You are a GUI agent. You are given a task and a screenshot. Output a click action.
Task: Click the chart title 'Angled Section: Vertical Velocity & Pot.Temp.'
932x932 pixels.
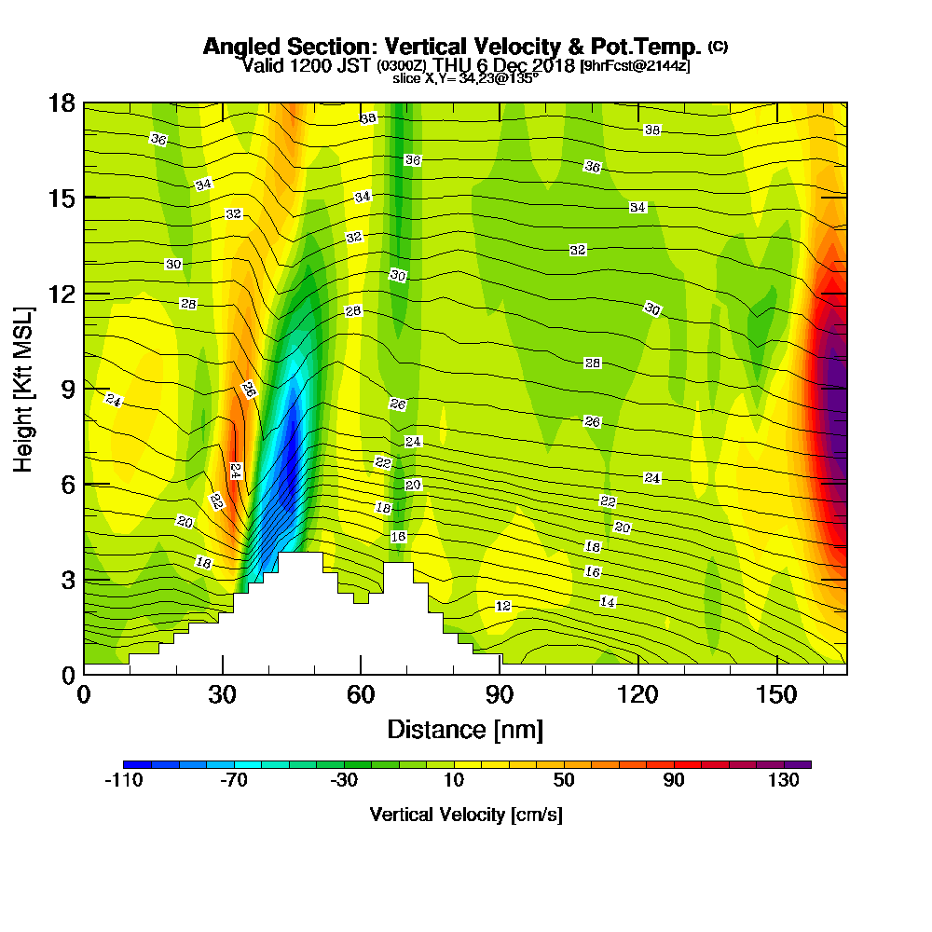click(x=451, y=47)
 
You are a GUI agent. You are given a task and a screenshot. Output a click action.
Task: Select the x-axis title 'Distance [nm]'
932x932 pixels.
click(x=465, y=728)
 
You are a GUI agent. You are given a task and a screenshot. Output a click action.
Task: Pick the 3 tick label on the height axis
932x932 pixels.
click(x=67, y=580)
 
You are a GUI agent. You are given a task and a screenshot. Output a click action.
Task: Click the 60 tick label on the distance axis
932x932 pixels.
click(x=361, y=694)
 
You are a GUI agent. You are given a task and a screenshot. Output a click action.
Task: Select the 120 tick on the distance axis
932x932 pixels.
click(x=638, y=694)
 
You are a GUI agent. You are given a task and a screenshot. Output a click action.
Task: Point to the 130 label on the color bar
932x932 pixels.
click(x=784, y=781)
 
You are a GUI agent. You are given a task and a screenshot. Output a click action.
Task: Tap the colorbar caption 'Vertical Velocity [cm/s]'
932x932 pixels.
click(x=465, y=815)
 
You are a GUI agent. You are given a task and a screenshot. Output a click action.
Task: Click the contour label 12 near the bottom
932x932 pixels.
click(x=503, y=607)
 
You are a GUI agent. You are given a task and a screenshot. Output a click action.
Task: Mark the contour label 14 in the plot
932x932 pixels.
click(x=608, y=603)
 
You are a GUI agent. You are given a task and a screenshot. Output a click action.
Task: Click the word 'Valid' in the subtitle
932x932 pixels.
click(x=261, y=65)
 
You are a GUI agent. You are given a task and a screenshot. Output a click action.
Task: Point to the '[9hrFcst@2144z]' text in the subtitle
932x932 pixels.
click(x=635, y=66)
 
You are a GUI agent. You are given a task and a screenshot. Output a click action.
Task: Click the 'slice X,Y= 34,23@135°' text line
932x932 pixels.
click(x=465, y=79)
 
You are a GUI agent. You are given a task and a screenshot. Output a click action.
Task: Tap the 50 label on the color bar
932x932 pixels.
click(x=564, y=781)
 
